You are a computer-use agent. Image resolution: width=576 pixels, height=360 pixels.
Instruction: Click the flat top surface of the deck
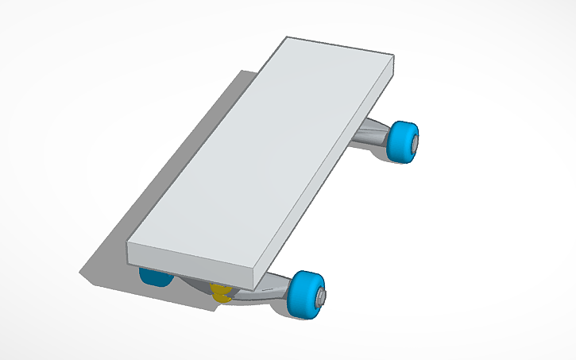[262, 151]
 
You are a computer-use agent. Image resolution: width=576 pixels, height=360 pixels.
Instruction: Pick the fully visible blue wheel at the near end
[306, 294]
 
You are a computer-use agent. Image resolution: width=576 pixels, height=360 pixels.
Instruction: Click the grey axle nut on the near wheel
[323, 296]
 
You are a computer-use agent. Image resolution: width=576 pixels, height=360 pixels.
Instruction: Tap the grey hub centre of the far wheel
[415, 141]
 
